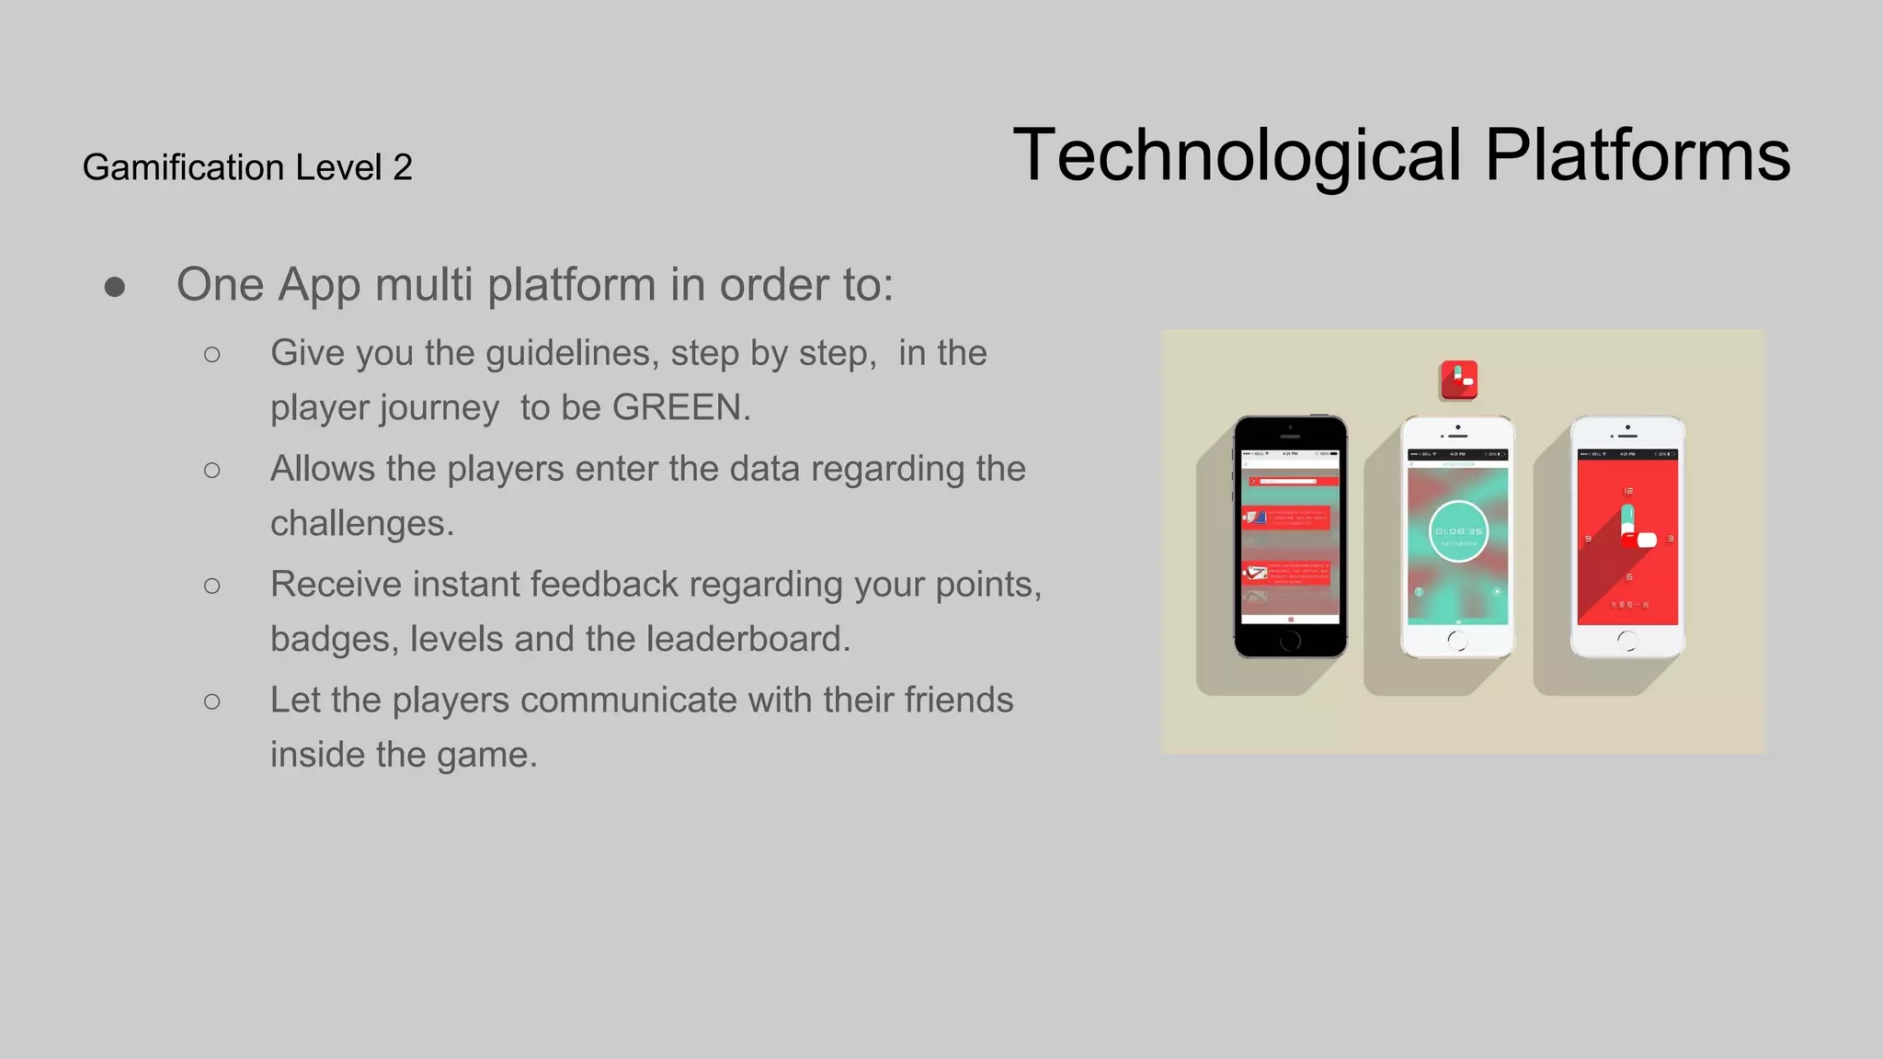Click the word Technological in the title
1237,156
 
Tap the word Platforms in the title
1637,156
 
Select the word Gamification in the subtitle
184,167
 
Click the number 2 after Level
403,167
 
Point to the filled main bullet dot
115,287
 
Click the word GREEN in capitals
677,407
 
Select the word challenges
359,523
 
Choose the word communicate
628,700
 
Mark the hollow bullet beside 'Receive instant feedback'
212,586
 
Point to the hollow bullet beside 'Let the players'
212,701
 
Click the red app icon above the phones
1459,380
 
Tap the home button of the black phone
1290,641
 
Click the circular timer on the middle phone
1458,531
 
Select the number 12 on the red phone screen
1628,491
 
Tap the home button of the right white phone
1627,641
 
